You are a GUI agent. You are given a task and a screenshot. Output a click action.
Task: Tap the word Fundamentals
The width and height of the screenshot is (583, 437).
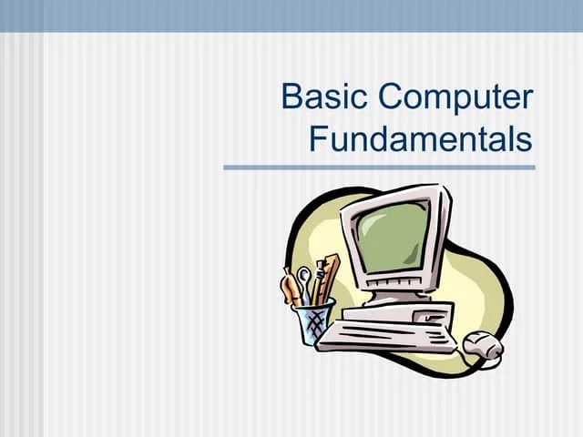(x=420, y=139)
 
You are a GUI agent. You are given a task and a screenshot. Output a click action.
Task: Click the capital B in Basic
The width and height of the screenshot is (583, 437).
(x=292, y=97)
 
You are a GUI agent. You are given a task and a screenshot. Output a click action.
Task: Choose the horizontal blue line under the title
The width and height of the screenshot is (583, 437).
(x=379, y=168)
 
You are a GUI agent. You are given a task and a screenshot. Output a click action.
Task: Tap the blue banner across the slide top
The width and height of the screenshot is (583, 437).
(x=291, y=15)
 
